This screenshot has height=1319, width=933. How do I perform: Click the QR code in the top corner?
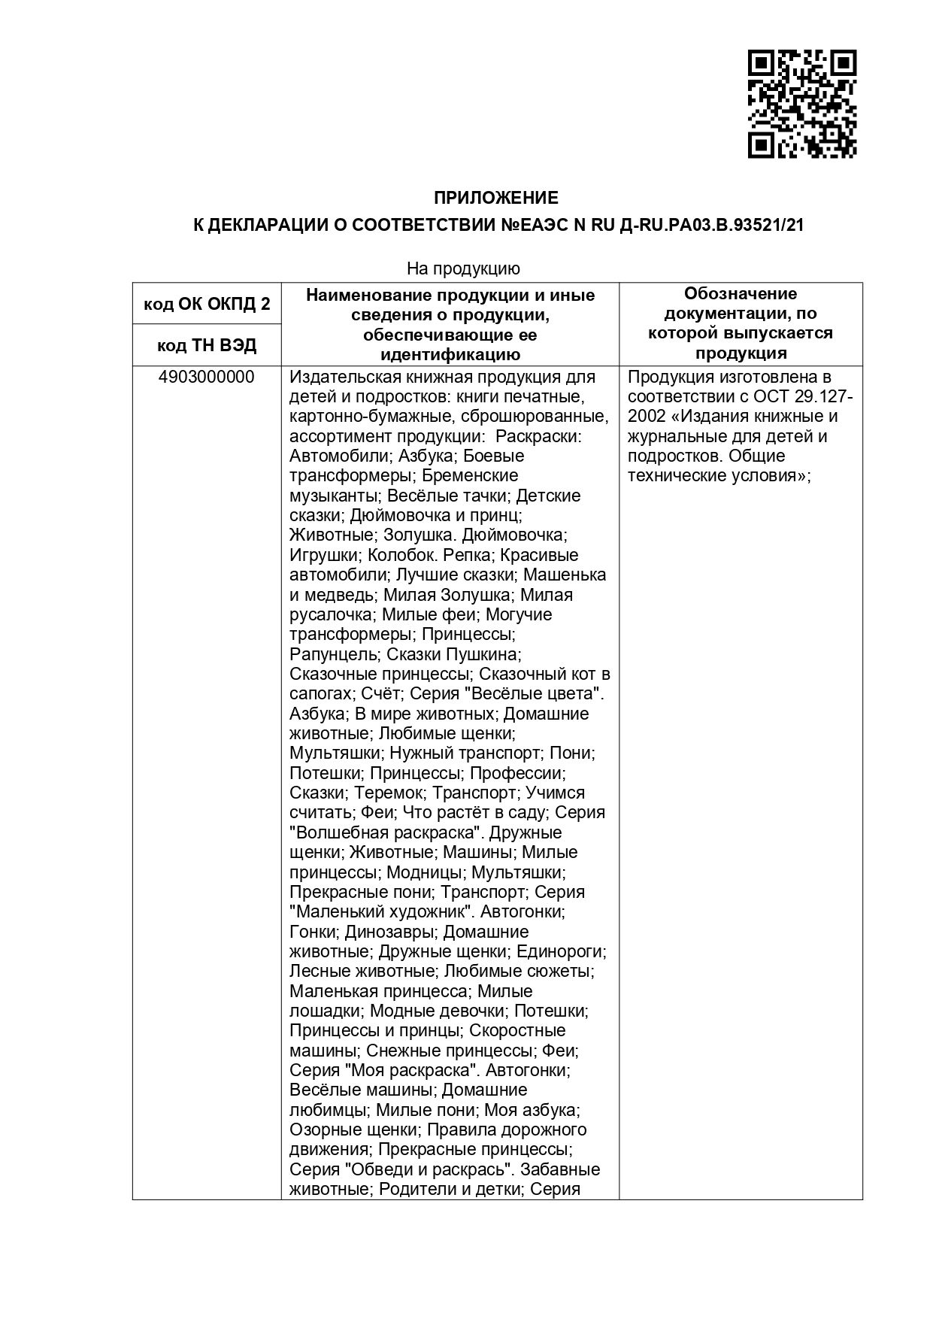pyautogui.click(x=802, y=104)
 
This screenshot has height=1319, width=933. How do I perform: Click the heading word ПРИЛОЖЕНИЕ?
pyautogui.click(x=496, y=199)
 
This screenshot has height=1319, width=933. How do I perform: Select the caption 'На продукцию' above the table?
pyautogui.click(x=463, y=268)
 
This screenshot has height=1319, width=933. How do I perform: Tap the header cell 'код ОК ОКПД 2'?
pyautogui.click(x=207, y=305)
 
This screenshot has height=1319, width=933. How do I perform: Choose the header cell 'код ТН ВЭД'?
pyautogui.click(x=207, y=346)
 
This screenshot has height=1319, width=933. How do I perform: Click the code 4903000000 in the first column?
pyautogui.click(x=207, y=377)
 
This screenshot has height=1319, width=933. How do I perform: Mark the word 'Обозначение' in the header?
pyautogui.click(x=741, y=294)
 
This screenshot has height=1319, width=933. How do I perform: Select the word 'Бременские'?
pyautogui.click(x=470, y=476)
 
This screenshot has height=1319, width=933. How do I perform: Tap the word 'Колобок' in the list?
pyautogui.click(x=399, y=556)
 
